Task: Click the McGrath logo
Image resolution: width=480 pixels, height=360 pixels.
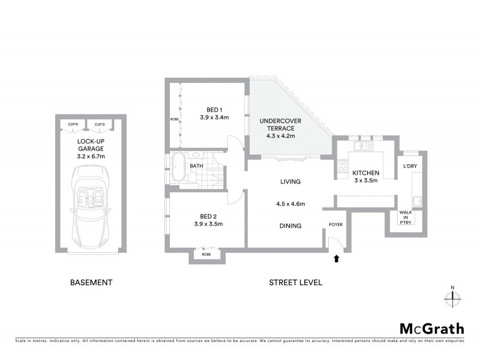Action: (432, 328)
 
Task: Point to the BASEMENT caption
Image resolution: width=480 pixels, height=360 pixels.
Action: (91, 282)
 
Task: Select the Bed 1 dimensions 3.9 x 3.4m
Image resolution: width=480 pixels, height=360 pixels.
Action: (214, 118)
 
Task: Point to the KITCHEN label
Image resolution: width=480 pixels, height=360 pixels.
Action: (365, 173)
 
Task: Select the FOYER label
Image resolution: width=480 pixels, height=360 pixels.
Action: (335, 226)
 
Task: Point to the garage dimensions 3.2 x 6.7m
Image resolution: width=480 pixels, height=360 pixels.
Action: (91, 156)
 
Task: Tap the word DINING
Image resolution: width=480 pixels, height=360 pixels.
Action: (290, 226)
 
